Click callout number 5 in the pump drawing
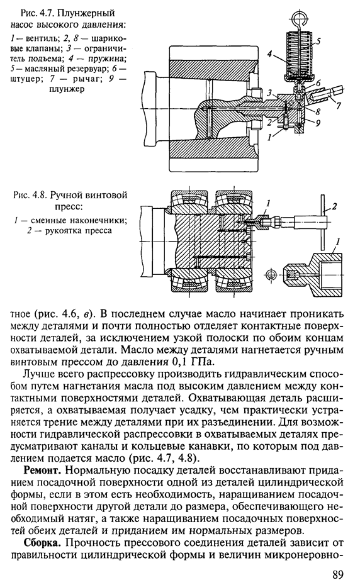coord(318,42)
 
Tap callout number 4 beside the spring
coord(270,55)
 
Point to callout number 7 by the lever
coord(338,106)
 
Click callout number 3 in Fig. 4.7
coord(269,92)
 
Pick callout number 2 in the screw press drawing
coord(334,206)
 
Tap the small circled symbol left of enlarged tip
coord(271,275)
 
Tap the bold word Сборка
coord(40,543)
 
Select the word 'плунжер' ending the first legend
coord(66,89)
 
